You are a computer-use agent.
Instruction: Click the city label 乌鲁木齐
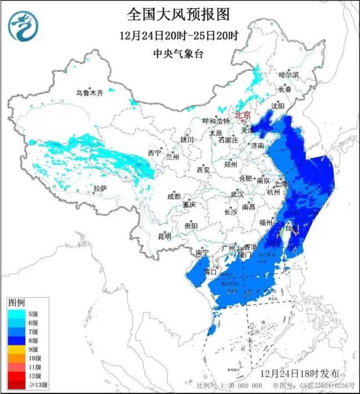[90, 93]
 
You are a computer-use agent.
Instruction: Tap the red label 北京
[243, 115]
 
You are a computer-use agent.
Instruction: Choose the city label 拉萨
[100, 189]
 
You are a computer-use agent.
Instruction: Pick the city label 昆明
[164, 236]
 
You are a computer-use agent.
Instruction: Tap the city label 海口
[210, 272]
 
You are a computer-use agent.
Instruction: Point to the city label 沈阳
[277, 106]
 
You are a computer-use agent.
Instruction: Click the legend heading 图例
[16, 303]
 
